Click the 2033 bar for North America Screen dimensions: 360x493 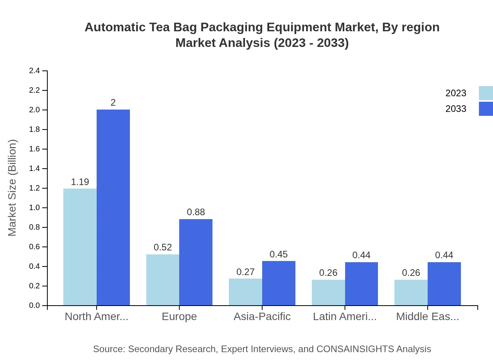click(x=113, y=207)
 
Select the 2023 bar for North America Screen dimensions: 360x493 click(x=80, y=247)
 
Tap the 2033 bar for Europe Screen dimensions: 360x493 click(x=196, y=262)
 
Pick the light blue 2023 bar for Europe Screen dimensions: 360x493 click(x=163, y=280)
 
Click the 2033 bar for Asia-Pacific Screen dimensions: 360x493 click(x=279, y=283)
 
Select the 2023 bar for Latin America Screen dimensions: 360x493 click(x=328, y=292)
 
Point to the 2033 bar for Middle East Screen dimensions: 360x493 click(x=444, y=284)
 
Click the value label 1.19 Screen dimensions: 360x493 click(x=80, y=182)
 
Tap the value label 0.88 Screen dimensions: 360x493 click(x=196, y=212)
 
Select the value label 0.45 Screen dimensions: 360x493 click(x=279, y=254)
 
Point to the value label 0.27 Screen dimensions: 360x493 click(x=245, y=272)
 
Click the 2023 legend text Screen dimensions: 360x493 click(x=456, y=93)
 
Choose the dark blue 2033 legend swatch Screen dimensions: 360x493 click(x=486, y=109)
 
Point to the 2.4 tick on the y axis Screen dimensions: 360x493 click(x=34, y=71)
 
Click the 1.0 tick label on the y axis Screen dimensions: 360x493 click(x=34, y=208)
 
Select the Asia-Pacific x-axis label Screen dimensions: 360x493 click(x=262, y=317)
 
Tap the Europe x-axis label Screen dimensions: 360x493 click(x=179, y=317)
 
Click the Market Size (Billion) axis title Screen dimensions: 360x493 click(x=13, y=188)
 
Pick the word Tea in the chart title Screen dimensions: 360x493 click(x=159, y=27)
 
